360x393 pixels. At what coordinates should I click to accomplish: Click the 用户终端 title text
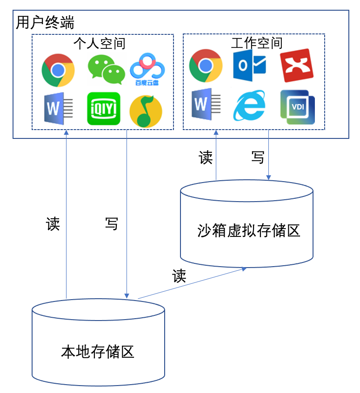[45, 22]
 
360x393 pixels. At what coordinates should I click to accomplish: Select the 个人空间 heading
[100, 44]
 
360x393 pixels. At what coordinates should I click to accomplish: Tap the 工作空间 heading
[257, 43]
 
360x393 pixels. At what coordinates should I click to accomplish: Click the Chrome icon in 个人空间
[58, 70]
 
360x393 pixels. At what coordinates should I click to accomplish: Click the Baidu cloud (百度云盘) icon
[147, 69]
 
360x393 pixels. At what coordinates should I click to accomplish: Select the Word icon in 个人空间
[59, 109]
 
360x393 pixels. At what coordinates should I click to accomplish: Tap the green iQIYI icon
[104, 109]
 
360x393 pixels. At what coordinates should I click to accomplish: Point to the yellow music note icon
[146, 111]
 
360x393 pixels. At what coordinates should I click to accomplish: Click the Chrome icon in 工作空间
[206, 65]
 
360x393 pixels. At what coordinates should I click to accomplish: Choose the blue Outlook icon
[249, 65]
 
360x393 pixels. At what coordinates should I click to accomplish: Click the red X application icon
[297, 65]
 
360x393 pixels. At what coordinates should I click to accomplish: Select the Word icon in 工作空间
[206, 104]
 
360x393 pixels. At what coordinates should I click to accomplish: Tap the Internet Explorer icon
[249, 105]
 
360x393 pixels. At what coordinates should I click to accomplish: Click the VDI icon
[298, 107]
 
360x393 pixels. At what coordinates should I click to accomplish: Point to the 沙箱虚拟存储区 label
[249, 230]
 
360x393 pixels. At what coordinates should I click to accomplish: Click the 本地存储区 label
[98, 352]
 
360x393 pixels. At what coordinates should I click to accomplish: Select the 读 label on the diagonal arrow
[179, 275]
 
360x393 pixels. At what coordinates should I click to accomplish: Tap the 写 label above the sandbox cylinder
[258, 157]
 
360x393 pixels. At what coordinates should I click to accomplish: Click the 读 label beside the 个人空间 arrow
[53, 223]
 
